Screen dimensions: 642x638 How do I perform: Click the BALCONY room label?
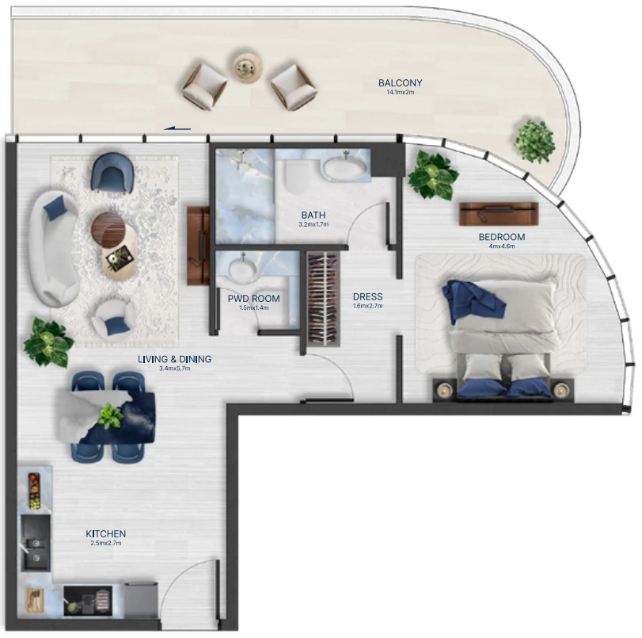click(x=400, y=83)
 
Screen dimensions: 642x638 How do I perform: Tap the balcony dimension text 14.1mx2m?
click(x=400, y=92)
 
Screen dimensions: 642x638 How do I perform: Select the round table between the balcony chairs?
click(x=247, y=68)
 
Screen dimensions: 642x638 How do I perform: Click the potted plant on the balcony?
click(x=534, y=141)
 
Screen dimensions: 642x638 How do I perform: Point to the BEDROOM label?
click(x=502, y=237)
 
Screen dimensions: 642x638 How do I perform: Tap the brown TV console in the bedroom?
click(x=498, y=214)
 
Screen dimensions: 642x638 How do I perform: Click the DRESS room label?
click(x=367, y=296)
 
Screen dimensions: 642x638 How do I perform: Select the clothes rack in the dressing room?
click(x=324, y=300)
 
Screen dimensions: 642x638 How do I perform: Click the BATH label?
click(x=313, y=215)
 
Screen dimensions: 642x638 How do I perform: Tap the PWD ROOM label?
click(x=254, y=299)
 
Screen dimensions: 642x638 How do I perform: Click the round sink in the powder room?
click(x=242, y=269)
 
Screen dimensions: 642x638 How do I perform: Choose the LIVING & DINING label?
click(x=174, y=359)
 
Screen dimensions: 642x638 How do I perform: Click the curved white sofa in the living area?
click(x=54, y=247)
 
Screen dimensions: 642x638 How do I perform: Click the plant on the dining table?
click(x=110, y=416)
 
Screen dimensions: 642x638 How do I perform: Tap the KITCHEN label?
click(x=105, y=534)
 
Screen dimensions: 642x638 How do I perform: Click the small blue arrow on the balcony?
click(x=177, y=128)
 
